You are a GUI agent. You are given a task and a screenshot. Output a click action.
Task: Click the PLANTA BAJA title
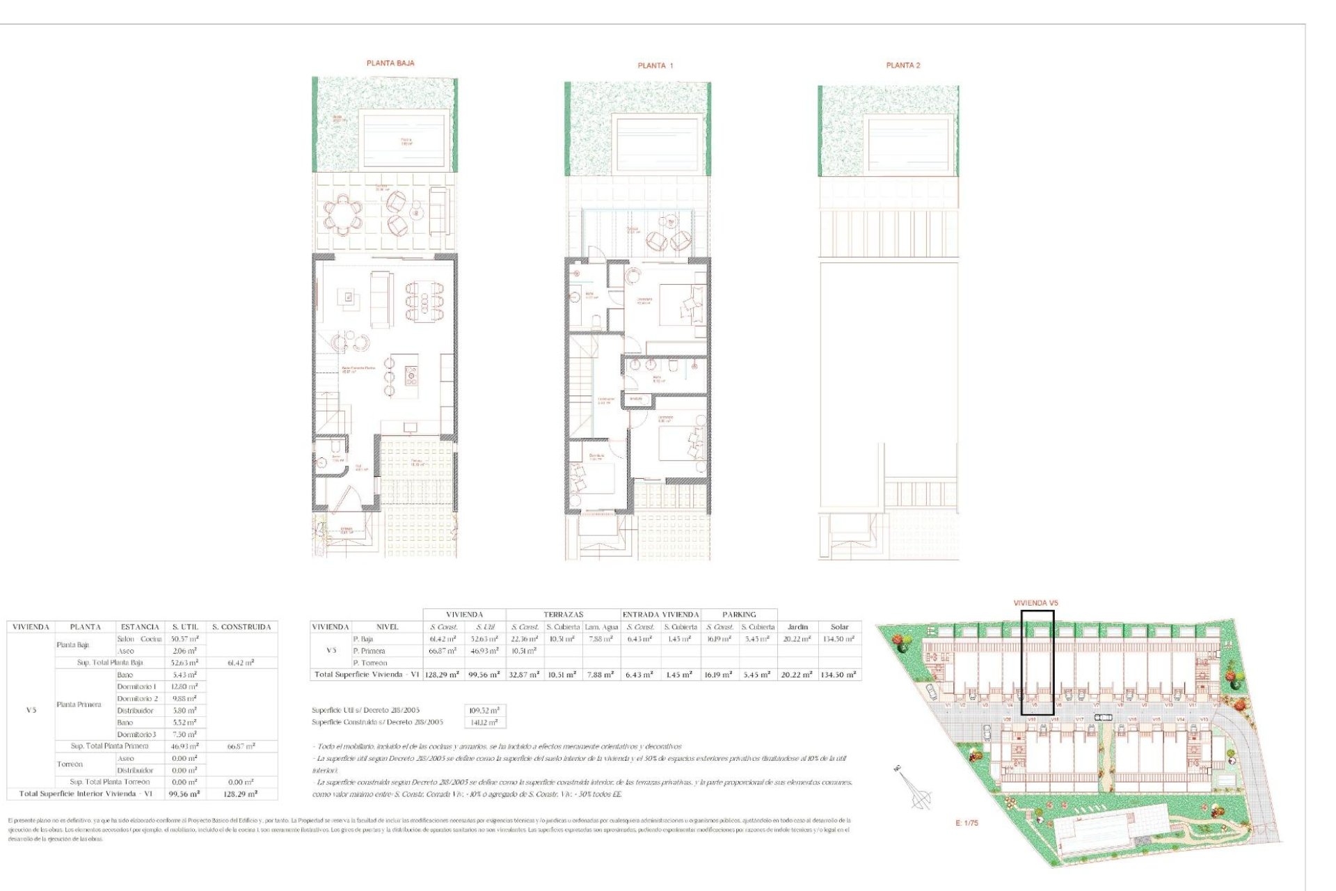click(390, 63)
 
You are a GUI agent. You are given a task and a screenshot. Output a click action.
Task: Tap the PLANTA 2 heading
click(902, 65)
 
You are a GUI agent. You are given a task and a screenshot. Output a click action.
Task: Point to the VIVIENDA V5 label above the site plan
click(1035, 603)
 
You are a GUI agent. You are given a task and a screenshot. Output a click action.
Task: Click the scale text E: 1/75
click(967, 823)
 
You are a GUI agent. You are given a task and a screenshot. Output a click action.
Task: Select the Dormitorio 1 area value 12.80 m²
click(184, 687)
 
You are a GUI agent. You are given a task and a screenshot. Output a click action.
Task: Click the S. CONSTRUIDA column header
click(241, 627)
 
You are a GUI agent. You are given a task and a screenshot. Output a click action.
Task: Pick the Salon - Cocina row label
click(139, 639)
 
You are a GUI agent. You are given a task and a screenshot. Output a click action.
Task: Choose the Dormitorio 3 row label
click(136, 734)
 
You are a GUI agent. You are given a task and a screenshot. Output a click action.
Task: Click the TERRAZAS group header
click(563, 615)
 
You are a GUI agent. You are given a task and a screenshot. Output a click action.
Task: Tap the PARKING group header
click(739, 615)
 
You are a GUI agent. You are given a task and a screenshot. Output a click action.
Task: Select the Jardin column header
click(797, 627)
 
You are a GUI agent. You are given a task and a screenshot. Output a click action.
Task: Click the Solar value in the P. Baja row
click(839, 639)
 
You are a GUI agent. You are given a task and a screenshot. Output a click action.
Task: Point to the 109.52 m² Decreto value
click(484, 711)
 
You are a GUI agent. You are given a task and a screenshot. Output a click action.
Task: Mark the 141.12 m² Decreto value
click(484, 723)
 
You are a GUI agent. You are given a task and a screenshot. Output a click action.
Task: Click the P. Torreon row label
click(369, 663)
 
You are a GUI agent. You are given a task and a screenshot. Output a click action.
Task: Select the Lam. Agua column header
click(601, 627)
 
